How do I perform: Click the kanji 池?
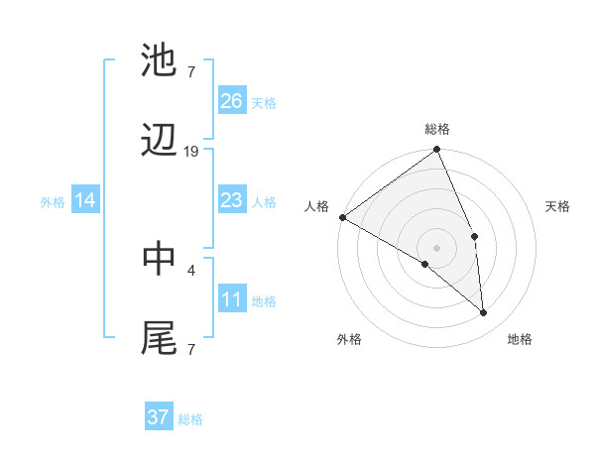point(160,59)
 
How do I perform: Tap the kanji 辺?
point(160,142)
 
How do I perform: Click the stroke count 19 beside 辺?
point(191,152)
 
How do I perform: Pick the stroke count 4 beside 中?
point(190,269)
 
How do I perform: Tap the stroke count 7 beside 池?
point(190,70)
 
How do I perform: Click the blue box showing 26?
point(231,101)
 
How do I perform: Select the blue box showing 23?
point(231,201)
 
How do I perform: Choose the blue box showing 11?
point(231,300)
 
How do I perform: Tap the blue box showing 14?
point(85,201)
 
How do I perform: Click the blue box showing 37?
point(158,417)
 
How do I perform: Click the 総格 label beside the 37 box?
point(190,419)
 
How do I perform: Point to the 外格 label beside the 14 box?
point(53,202)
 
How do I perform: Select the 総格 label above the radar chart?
point(437,129)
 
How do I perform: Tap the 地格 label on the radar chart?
point(520,339)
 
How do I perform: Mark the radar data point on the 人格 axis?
point(342,217)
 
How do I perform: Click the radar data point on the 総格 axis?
point(436,151)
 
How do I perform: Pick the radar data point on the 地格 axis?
point(484,312)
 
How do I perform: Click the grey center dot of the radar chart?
point(436,247)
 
